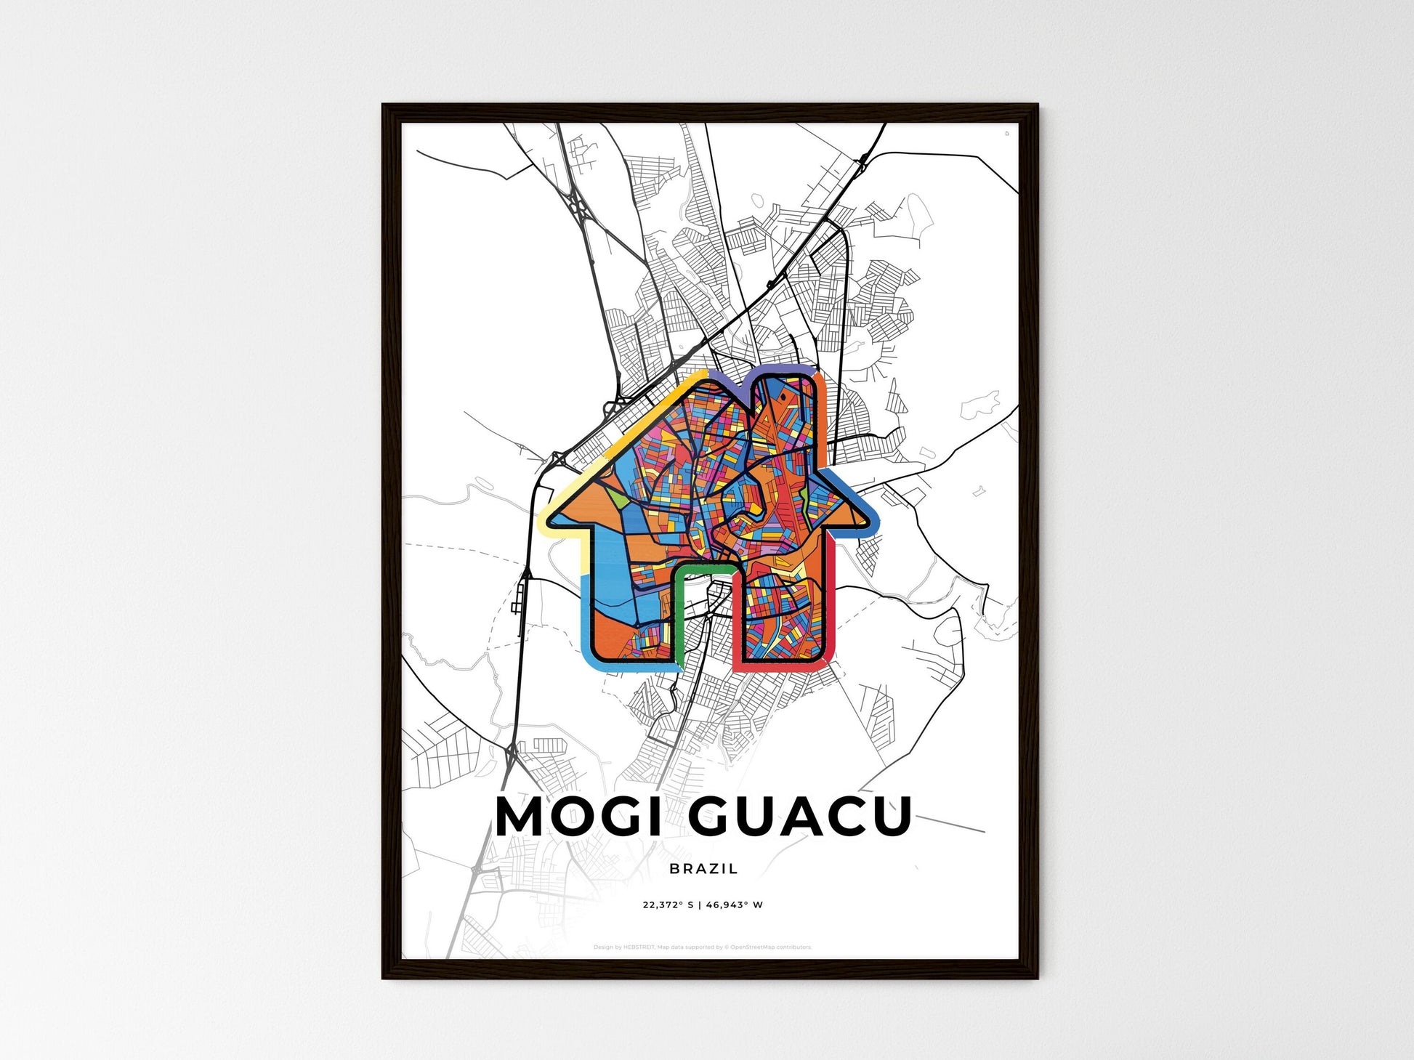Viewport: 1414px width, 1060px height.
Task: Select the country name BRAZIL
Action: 703,868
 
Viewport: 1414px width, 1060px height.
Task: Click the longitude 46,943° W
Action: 734,905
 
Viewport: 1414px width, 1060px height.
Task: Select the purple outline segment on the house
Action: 756,373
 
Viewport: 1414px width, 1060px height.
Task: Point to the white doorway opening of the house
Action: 708,618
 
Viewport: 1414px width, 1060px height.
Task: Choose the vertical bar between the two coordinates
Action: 700,905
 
